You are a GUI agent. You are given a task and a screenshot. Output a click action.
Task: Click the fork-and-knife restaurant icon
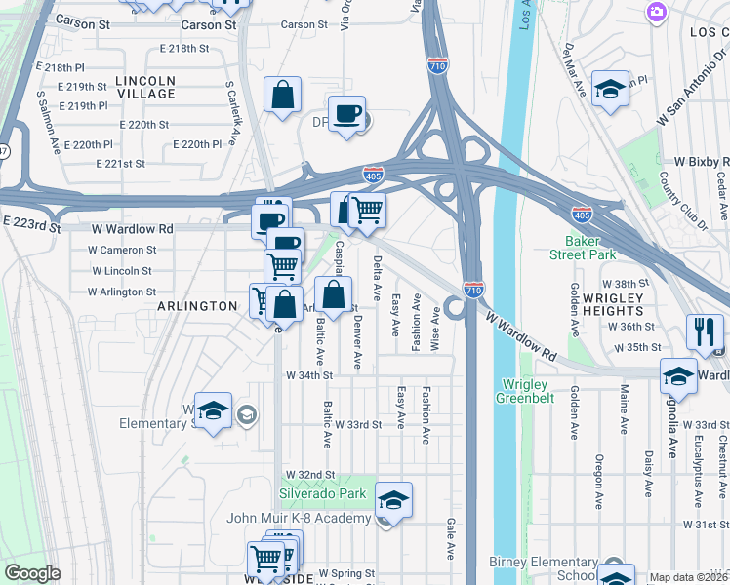click(702, 331)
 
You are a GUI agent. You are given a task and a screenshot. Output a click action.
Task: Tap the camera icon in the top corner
click(656, 11)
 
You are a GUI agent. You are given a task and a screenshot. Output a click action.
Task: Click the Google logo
click(32, 573)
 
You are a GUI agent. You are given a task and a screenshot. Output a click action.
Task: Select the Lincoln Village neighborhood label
click(145, 87)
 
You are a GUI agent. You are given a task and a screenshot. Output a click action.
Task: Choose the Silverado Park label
click(323, 494)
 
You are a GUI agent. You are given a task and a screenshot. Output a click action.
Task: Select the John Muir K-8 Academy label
click(300, 518)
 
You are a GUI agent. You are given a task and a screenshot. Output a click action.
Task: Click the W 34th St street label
click(309, 374)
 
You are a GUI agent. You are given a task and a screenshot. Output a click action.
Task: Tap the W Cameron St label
click(122, 250)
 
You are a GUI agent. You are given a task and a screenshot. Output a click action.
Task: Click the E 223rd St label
click(32, 225)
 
